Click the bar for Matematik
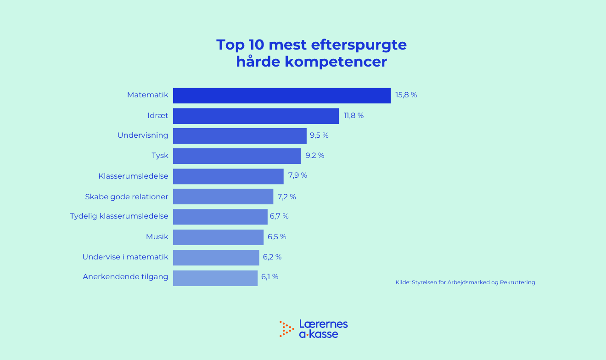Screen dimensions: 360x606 pyautogui.click(x=281, y=96)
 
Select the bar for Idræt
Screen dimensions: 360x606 pyautogui.click(x=256, y=116)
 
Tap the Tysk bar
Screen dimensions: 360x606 pyautogui.click(x=237, y=156)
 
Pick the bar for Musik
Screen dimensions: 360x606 pyautogui.click(x=218, y=237)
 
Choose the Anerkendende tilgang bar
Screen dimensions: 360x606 pyautogui.click(x=215, y=278)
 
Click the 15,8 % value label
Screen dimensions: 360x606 pyautogui.click(x=406, y=96)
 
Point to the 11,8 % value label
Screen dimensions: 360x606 pyautogui.click(x=353, y=116)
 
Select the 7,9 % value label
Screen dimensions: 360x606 pyautogui.click(x=297, y=175)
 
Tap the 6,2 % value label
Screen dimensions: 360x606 pyautogui.click(x=272, y=257)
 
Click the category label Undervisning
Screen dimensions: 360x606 pyautogui.click(x=143, y=135)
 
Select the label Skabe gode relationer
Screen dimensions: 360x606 pyautogui.click(x=127, y=197)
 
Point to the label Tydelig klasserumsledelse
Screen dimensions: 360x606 pyautogui.click(x=119, y=216)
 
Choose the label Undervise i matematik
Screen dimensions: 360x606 pyautogui.click(x=125, y=257)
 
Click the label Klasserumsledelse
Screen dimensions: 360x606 pyautogui.click(x=133, y=176)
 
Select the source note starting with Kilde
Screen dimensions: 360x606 pyautogui.click(x=465, y=283)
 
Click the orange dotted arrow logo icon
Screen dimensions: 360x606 pyautogui.click(x=286, y=329)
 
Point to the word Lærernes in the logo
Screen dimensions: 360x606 pyautogui.click(x=323, y=324)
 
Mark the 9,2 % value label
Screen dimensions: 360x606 pyautogui.click(x=315, y=156)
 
